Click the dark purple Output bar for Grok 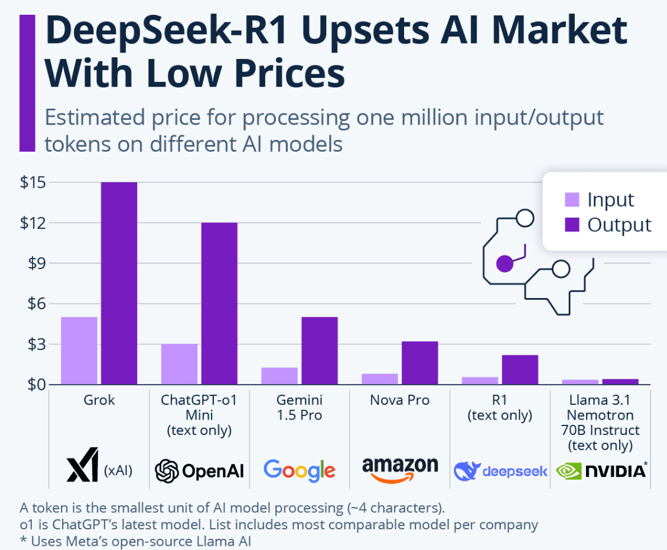[119, 283]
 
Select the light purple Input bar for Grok [79, 351]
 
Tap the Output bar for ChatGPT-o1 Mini [219, 303]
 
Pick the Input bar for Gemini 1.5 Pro [279, 376]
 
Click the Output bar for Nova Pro [419, 363]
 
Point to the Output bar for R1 [520, 369]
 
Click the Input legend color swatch [572, 199]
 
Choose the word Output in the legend [619, 225]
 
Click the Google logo [300, 470]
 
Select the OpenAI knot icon [167, 471]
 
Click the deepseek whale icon [466, 471]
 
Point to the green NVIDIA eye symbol [567, 471]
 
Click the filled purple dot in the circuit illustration [504, 264]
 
